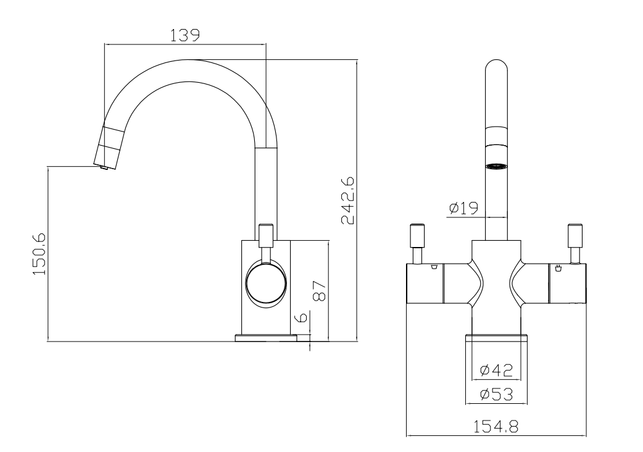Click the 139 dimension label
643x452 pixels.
tap(185, 35)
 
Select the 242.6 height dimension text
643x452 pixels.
tap(348, 201)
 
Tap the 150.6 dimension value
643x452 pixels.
tap(39, 254)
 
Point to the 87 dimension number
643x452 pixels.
tap(320, 291)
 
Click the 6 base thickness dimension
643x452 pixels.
tap(301, 317)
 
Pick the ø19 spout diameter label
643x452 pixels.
tap(464, 208)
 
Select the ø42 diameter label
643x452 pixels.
tap(496, 370)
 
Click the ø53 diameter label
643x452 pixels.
tap(496, 395)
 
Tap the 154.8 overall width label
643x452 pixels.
tap(496, 427)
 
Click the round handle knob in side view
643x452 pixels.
tap(266, 285)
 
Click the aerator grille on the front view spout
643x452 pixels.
tap(496, 166)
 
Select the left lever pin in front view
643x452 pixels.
tap(418, 243)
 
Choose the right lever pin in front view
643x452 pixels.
tap(575, 243)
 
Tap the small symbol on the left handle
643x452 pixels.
tap(434, 268)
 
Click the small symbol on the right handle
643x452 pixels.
tap(558, 269)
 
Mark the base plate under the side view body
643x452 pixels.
tap(266, 338)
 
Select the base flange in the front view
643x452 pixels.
tap(496, 338)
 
